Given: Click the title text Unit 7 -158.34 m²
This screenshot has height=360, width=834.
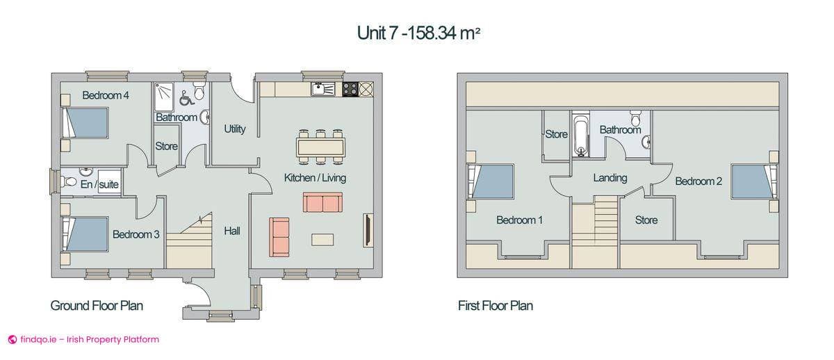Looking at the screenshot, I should click(418, 33).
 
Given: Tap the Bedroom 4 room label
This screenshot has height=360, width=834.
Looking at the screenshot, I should click(106, 95).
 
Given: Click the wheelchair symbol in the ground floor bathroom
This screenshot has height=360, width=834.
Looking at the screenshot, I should click(185, 97).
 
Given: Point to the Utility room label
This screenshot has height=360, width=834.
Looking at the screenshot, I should click(234, 129).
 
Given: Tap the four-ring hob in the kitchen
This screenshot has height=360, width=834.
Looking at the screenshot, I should click(350, 88).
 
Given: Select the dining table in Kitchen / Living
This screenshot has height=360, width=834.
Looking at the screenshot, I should click(320, 147).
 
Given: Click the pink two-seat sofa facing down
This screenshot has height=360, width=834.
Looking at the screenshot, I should click(322, 202).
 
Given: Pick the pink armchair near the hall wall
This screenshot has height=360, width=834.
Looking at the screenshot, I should click(279, 236).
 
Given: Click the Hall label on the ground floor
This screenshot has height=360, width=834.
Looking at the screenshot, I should click(232, 231).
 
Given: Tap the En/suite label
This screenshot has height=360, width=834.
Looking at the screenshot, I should click(99, 184).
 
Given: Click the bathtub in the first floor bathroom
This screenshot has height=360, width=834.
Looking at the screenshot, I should click(581, 136).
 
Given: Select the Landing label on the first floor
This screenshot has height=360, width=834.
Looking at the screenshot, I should click(610, 178).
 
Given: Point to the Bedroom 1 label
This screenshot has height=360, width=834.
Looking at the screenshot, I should click(519, 220).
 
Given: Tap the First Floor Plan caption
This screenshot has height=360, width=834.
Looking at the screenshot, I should click(496, 305).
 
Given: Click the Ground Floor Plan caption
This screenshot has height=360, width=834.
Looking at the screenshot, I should click(97, 305).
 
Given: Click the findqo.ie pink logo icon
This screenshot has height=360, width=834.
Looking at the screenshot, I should click(12, 340).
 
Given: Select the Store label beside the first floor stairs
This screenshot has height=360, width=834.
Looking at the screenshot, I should click(646, 220).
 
